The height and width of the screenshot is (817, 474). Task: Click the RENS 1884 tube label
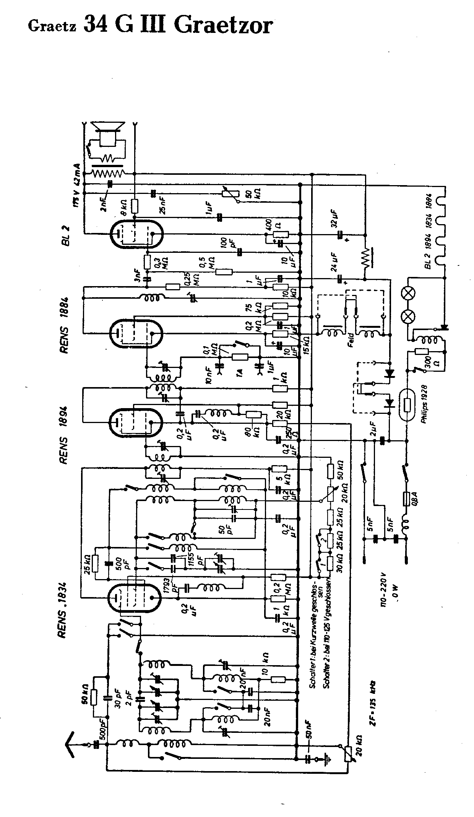point(64,325)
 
